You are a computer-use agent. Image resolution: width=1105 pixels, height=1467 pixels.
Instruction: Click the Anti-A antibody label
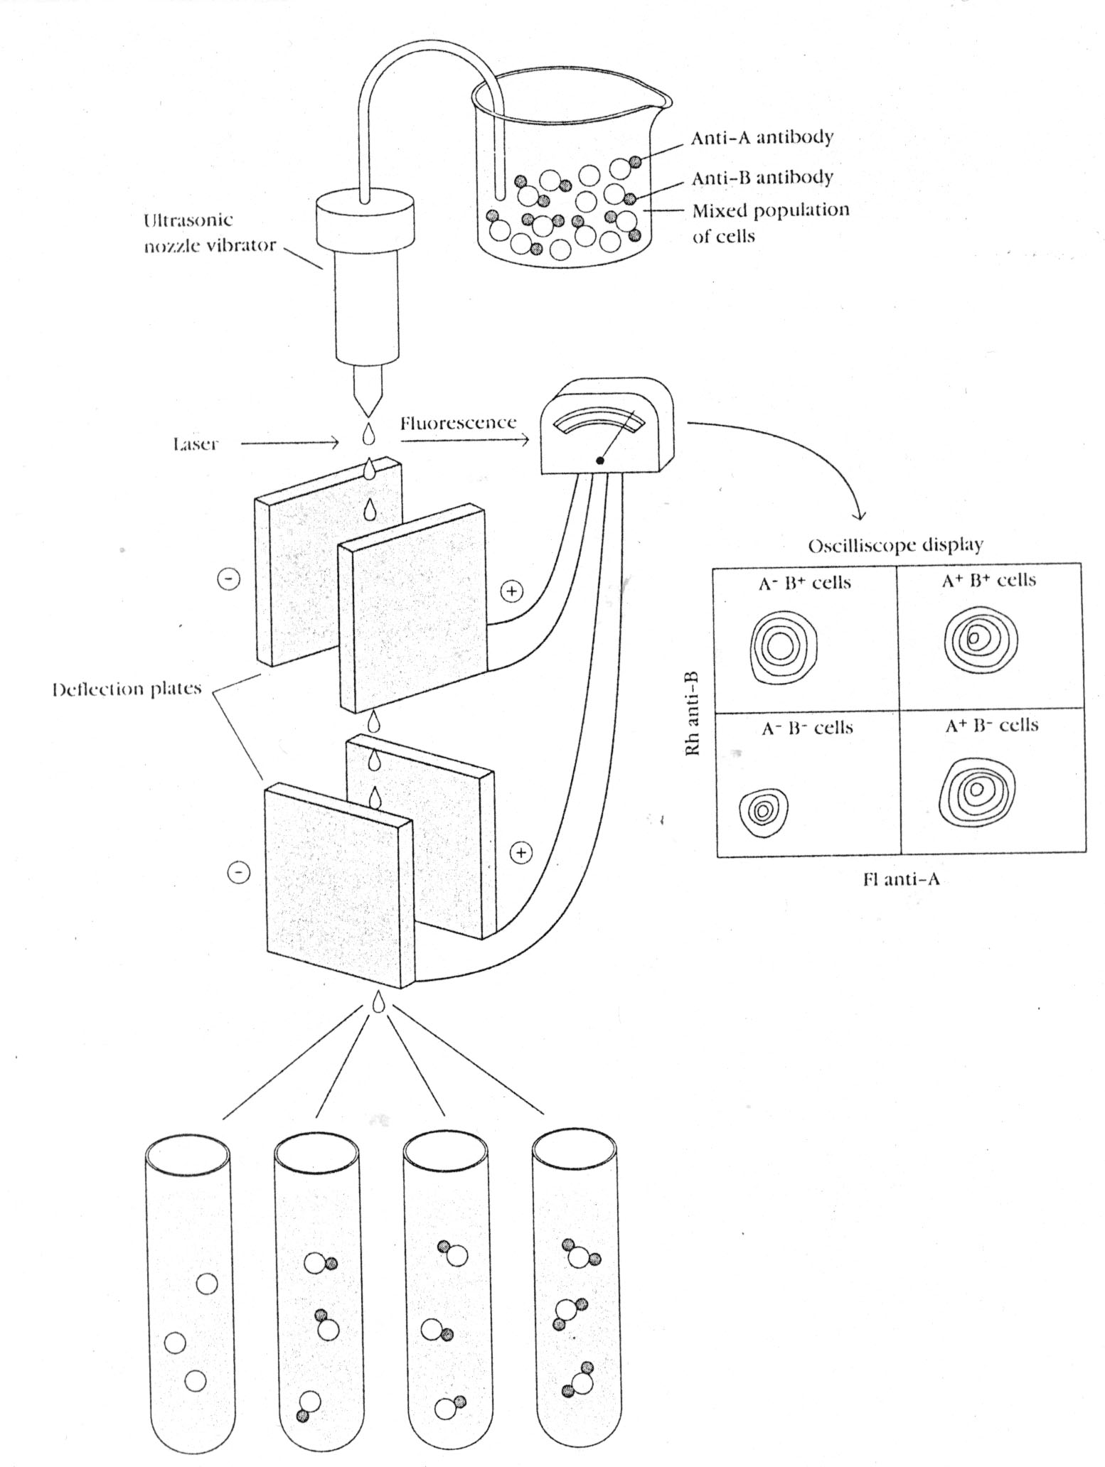click(761, 137)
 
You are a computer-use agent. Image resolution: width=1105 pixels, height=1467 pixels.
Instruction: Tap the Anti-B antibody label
click(762, 177)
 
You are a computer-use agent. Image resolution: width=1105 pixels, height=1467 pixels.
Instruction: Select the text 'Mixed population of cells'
click(770, 222)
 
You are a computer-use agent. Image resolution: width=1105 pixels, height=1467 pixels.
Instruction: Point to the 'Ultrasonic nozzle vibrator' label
click(209, 232)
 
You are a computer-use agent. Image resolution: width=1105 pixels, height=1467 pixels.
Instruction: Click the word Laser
click(194, 444)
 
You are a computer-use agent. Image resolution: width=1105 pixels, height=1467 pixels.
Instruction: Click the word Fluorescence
click(457, 424)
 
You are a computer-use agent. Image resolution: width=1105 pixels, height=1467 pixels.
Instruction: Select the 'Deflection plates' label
click(127, 689)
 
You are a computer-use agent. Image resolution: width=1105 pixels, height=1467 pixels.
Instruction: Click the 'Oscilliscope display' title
click(895, 545)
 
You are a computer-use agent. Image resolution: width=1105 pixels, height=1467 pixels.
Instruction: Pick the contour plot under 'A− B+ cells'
click(784, 647)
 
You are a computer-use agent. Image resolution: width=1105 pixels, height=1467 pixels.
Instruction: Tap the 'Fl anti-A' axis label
click(901, 879)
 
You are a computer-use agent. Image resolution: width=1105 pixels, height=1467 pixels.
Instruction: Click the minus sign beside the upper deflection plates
click(228, 579)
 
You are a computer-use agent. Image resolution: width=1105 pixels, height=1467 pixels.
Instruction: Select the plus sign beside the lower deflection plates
click(521, 851)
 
